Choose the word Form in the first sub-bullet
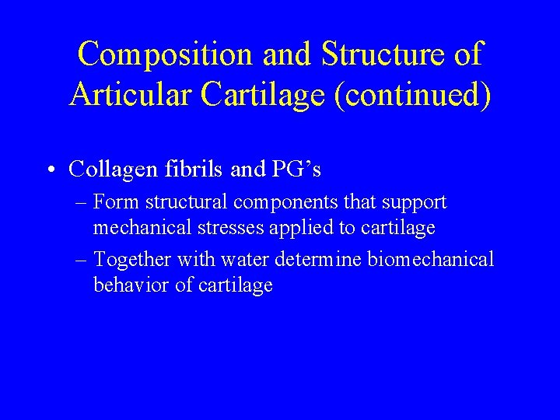coord(114,203)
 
